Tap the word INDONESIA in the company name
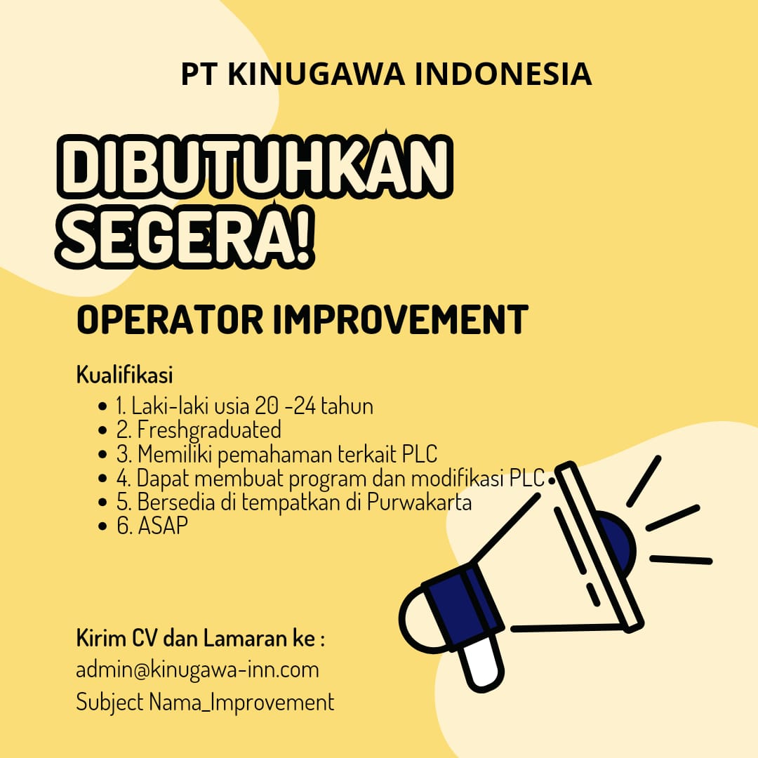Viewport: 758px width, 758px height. click(x=503, y=74)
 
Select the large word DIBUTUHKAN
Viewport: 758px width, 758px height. click(x=255, y=167)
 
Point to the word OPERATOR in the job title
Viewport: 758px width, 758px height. click(x=170, y=319)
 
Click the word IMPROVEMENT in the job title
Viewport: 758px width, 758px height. click(x=400, y=319)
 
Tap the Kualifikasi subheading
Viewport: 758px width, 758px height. click(x=124, y=375)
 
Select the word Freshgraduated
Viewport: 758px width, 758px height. click(x=209, y=430)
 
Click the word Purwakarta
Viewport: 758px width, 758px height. click(x=419, y=502)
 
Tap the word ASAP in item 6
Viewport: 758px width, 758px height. click(x=163, y=526)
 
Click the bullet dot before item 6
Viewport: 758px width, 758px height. click(x=102, y=526)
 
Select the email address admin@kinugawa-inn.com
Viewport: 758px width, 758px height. click(x=197, y=670)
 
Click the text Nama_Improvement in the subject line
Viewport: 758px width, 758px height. click(x=241, y=703)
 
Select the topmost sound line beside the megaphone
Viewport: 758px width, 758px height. click(x=644, y=481)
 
